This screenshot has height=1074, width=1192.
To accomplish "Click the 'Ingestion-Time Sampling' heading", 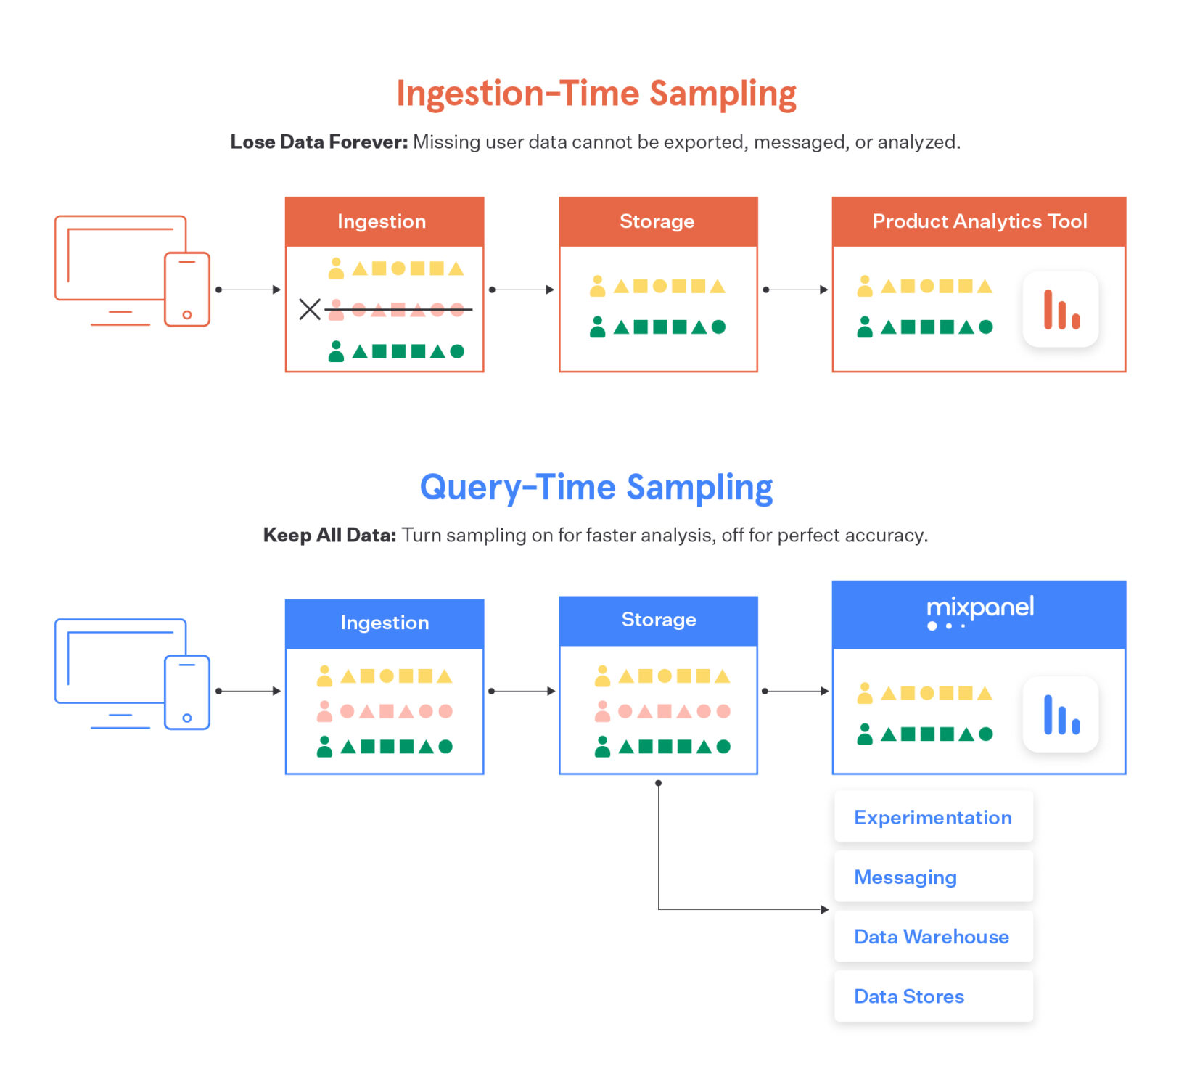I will [596, 94].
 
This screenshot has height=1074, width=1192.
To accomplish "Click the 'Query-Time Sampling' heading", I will [596, 488].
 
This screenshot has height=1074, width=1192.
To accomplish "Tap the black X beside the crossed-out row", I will [310, 310].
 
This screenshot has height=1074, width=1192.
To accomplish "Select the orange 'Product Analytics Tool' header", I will [979, 221].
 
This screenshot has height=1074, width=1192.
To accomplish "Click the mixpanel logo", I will [979, 612].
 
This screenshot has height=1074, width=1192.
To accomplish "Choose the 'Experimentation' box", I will [933, 817].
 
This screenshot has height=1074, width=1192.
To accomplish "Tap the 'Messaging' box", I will [933, 877].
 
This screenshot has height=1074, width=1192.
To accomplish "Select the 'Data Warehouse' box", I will [933, 936].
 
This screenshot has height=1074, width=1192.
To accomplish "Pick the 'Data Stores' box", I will [933, 996].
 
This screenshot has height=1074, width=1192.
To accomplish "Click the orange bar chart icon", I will [1061, 309].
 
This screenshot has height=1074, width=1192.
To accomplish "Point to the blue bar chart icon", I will [1061, 715].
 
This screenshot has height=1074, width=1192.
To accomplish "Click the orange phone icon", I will [187, 289].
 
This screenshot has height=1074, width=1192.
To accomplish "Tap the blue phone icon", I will [187, 692].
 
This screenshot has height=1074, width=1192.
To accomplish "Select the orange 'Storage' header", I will [657, 221].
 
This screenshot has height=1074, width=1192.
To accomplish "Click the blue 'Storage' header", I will [658, 620].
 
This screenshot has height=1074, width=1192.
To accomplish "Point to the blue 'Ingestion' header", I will [385, 623].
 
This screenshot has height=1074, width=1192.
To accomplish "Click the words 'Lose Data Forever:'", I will [319, 142].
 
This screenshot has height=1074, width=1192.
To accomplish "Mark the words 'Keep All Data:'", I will [329, 536].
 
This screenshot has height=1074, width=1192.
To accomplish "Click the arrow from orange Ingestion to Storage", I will [522, 290].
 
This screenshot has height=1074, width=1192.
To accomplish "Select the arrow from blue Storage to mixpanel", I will [795, 691].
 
